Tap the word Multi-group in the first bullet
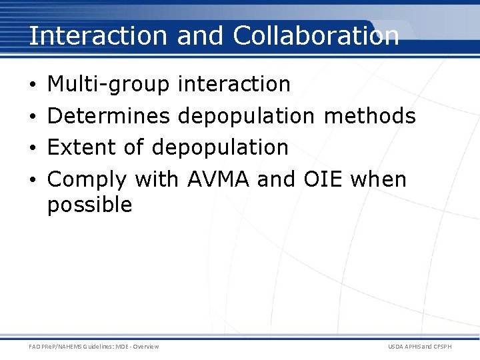pos(109,85)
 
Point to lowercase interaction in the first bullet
pos(234,85)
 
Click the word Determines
pos(109,116)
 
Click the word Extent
pos(81,147)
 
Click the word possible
pos(89,205)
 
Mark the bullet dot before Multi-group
pos(33,85)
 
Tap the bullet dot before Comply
pos(33,180)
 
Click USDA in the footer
pos(397,347)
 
